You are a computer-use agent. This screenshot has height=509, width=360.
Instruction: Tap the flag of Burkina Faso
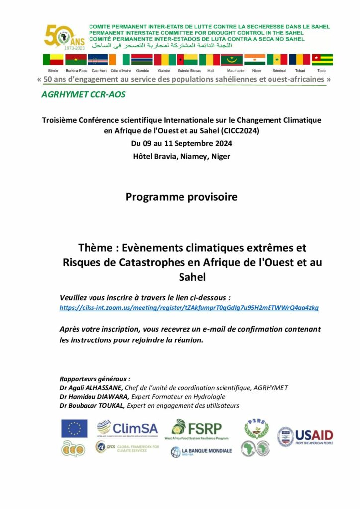76,60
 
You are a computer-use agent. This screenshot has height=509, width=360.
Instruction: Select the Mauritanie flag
232,60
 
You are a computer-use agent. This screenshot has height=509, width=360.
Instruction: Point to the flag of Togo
322,60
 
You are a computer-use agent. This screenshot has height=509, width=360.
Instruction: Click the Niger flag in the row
255,60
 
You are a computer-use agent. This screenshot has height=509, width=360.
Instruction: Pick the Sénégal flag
277,60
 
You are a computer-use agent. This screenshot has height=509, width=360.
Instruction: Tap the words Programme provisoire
181,197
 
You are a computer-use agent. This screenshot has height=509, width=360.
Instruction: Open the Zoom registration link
189,308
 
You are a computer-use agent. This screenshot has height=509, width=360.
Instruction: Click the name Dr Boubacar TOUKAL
92,405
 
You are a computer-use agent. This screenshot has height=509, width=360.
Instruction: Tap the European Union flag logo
74,428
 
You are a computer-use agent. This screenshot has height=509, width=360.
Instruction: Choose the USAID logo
305,437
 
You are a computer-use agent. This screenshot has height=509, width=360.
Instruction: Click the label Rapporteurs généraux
94,378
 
